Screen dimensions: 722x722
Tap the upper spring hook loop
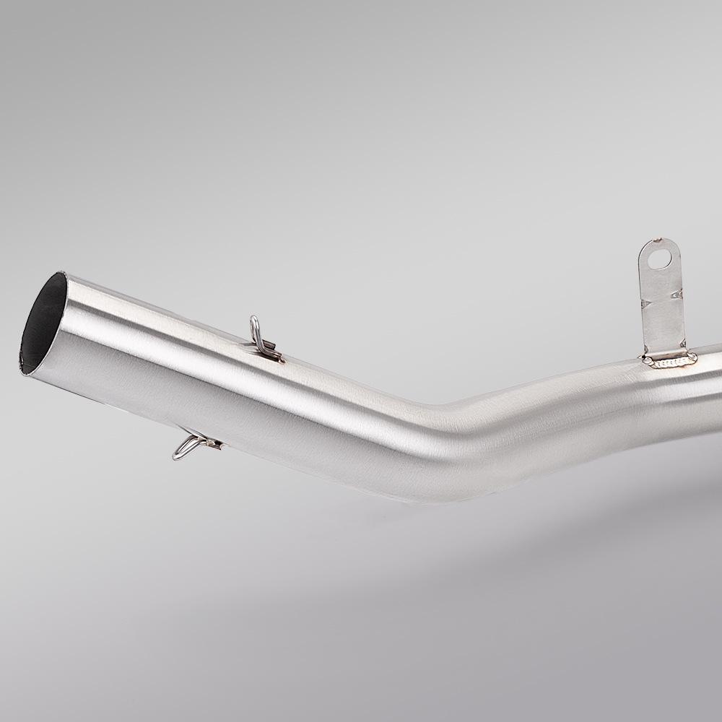point(255,328)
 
